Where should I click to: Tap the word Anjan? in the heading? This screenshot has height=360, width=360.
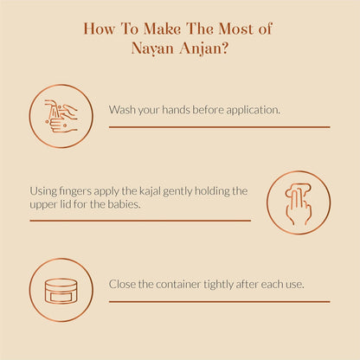203,48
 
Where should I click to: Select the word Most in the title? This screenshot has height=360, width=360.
235,29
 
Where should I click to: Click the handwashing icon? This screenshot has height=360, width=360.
61,116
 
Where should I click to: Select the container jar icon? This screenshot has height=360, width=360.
61,291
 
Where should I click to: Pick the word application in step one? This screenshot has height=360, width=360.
253,110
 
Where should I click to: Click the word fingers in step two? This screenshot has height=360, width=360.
75,191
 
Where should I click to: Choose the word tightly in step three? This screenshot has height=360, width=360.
219,285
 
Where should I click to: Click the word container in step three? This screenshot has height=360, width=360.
178,285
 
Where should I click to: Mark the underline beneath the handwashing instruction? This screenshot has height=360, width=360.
220,127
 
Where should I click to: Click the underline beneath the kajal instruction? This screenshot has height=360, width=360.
140,221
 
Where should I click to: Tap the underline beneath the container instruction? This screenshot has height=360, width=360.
220,302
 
